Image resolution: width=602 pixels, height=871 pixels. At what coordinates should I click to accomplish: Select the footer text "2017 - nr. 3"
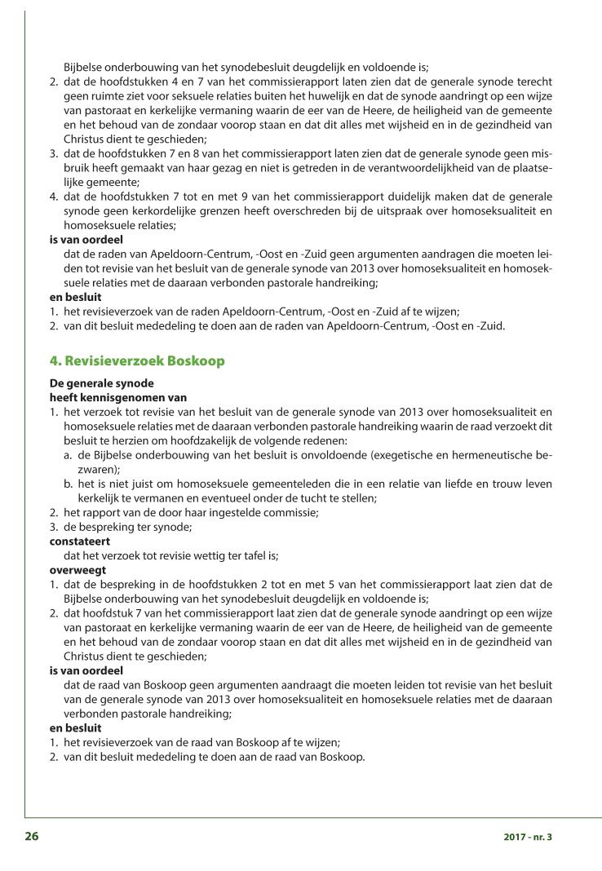tap(528, 837)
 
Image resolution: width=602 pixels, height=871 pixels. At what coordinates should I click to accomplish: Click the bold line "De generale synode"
tap(101, 382)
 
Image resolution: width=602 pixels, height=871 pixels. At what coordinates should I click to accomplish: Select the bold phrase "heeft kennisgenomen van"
tap(118, 397)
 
